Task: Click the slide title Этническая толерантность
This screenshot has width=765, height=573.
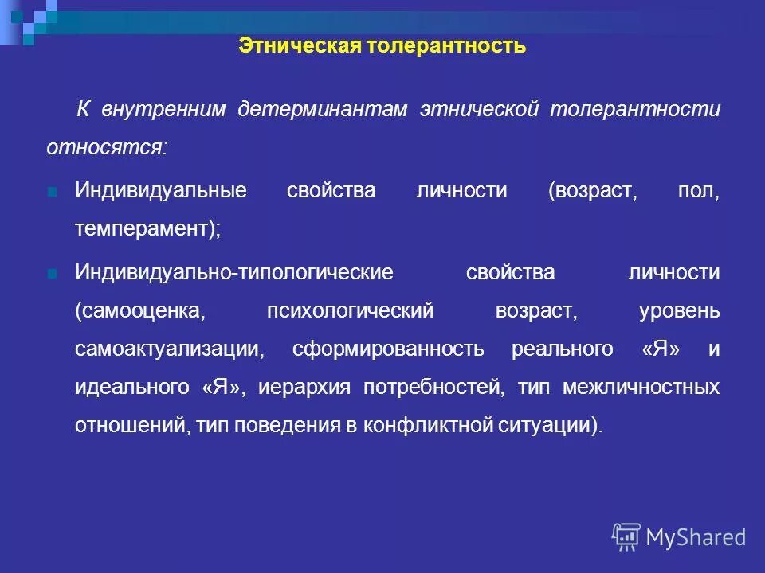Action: pos(382,45)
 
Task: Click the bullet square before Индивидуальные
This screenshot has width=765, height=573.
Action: pos(52,192)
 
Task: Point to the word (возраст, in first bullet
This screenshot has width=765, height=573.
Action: pos(593,192)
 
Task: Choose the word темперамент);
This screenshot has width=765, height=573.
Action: pos(147,230)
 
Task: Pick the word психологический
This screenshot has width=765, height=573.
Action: pos(351,311)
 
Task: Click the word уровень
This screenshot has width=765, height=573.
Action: pos(680,311)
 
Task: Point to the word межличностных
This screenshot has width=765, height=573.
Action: pos(641,388)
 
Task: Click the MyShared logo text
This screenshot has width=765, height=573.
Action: pos(696,537)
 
